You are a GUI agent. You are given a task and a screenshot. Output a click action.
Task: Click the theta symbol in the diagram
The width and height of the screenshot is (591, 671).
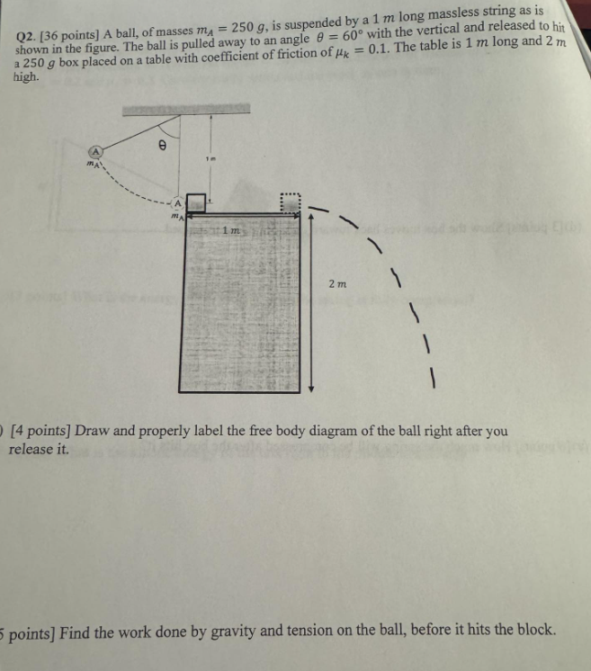(162, 143)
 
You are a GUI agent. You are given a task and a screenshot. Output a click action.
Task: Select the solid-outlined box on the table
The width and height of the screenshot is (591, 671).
(197, 205)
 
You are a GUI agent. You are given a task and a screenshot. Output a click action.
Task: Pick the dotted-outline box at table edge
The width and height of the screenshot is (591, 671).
(289, 205)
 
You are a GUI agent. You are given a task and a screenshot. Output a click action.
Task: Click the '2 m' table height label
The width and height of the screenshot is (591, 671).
(336, 283)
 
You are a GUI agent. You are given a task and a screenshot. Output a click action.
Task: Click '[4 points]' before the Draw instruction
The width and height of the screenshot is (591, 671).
(40, 431)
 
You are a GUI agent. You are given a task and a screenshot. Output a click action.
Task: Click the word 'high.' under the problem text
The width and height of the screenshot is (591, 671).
(27, 78)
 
